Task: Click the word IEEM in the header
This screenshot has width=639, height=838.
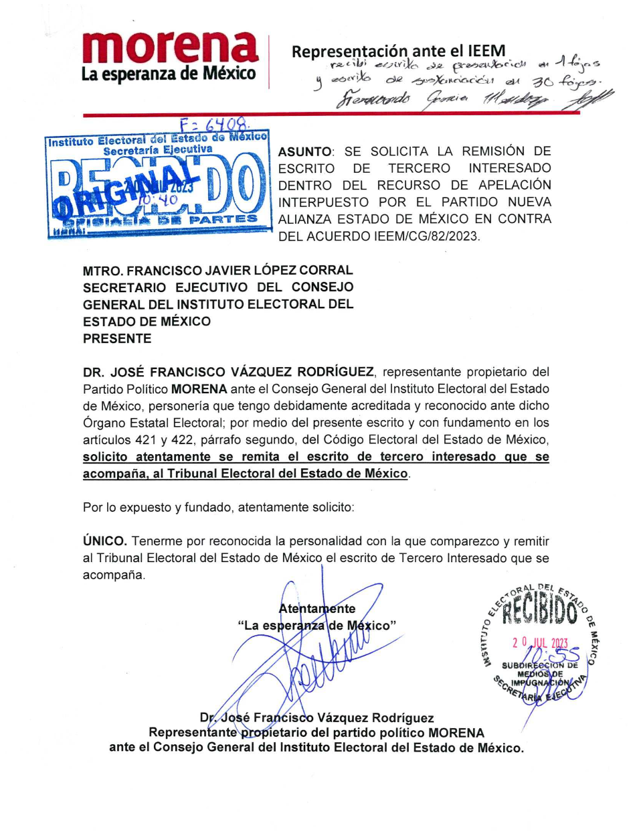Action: click(487, 51)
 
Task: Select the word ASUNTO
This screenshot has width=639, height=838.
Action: click(304, 152)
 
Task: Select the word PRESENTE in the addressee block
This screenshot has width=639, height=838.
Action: click(117, 339)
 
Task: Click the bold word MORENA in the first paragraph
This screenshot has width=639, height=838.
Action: click(199, 389)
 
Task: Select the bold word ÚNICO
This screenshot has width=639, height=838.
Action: click(104, 541)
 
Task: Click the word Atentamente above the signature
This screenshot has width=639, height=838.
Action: click(316, 609)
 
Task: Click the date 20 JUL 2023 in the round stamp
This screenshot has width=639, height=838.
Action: click(539, 643)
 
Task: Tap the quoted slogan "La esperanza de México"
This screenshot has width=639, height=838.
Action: click(316, 626)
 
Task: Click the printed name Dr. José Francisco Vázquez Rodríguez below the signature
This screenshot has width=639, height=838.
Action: click(316, 718)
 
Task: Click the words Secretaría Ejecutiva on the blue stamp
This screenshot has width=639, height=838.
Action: click(158, 150)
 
